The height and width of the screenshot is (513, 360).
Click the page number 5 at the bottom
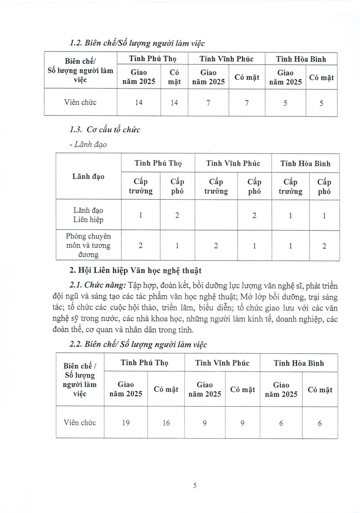click(195, 485)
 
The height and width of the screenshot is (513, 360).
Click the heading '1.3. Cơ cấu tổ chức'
click(104, 130)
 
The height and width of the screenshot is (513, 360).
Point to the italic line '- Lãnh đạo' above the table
click(87, 144)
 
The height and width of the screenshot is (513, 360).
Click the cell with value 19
click(126, 423)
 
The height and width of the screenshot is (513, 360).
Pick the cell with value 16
click(166, 423)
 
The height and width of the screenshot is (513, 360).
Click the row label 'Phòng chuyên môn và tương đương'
click(88, 245)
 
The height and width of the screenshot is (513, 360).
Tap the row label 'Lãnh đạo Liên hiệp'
click(88, 215)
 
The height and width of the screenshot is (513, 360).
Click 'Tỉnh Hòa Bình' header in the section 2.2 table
click(299, 363)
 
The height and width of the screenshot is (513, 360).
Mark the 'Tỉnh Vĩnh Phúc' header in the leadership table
click(233, 163)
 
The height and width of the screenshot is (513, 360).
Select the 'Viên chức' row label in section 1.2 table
click(80, 102)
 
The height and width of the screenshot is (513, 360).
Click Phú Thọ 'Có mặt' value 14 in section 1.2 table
click(174, 102)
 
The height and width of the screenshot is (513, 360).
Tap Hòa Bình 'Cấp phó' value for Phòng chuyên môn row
click(324, 246)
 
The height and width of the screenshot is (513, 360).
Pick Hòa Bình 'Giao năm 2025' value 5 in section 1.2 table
click(285, 103)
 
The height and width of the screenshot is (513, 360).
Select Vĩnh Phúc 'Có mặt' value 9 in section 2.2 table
click(242, 423)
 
